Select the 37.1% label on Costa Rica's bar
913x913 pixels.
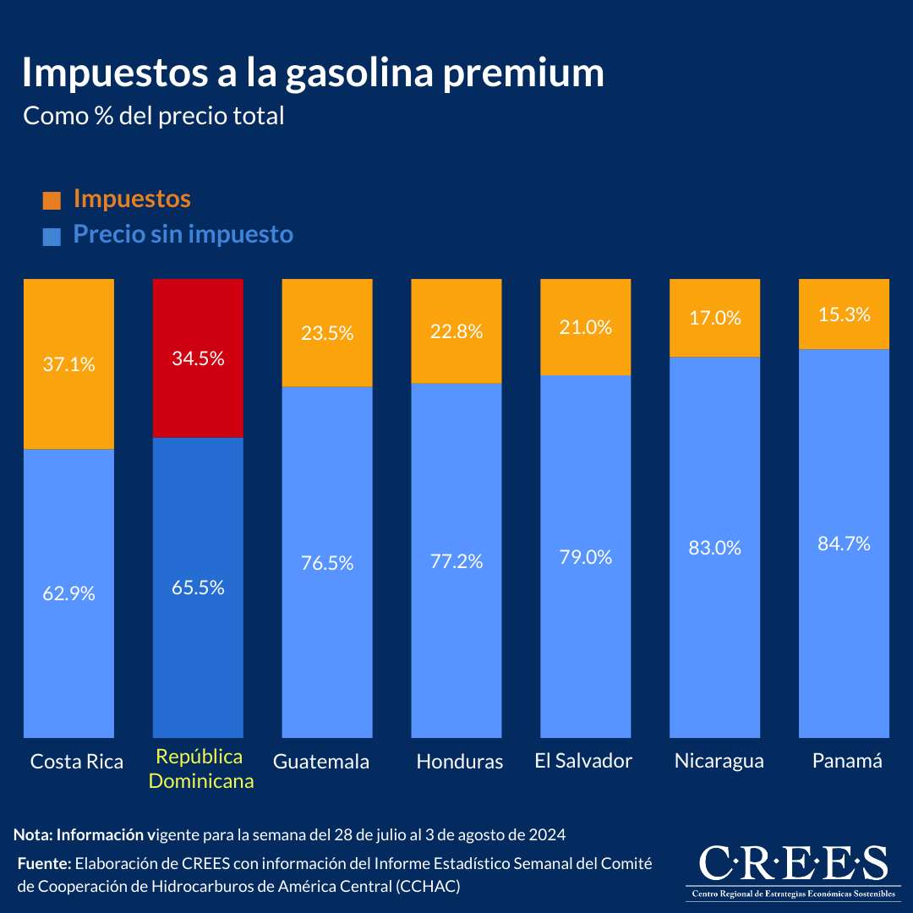point(68,365)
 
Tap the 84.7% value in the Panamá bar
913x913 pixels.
point(844,544)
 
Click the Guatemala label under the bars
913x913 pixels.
point(321,762)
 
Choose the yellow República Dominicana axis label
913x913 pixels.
point(200,768)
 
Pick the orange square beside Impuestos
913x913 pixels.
point(52,200)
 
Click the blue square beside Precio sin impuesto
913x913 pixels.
point(52,237)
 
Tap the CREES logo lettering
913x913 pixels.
point(793,863)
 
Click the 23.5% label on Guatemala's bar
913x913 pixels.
point(327,333)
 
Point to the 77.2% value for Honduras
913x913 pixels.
point(456,560)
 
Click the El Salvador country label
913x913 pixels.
point(583,761)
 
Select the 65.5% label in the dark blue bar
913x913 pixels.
point(198,588)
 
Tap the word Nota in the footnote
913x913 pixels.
point(32,835)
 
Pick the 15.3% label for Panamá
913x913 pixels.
point(844,314)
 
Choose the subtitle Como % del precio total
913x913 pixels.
point(153,116)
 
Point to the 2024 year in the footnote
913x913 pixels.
point(546,835)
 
